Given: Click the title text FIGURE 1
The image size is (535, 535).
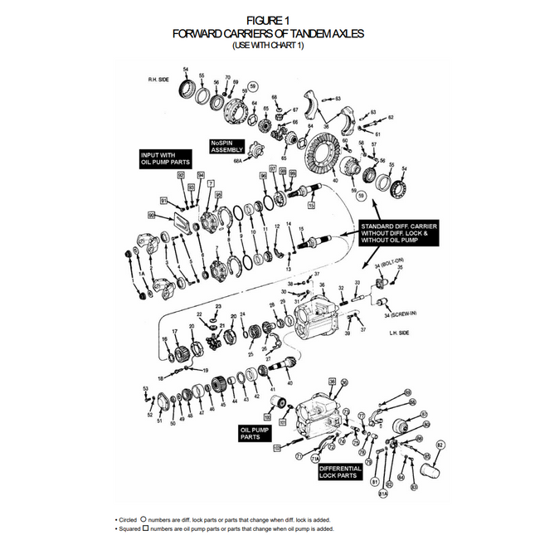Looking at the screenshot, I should (267, 18).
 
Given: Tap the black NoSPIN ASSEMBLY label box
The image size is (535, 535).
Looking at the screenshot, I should (226, 146).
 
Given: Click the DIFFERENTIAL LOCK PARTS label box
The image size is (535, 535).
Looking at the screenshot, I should (340, 472).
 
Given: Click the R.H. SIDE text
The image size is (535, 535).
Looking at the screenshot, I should (158, 80).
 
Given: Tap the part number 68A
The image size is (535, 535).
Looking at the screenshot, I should (238, 163).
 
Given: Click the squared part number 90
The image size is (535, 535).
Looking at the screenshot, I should (152, 216).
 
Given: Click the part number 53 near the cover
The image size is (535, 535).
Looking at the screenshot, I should (145, 388).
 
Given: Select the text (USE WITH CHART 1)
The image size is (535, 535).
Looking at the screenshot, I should (267, 45).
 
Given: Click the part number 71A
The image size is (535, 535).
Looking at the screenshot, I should (315, 458).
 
